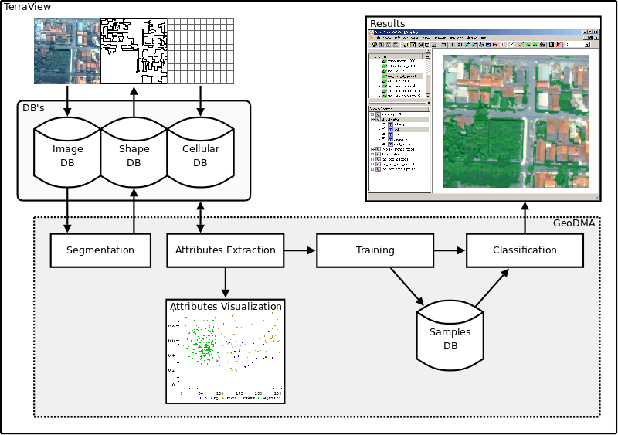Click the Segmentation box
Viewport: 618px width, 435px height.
pyautogui.click(x=100, y=250)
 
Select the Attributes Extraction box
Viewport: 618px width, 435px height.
pyautogui.click(x=225, y=250)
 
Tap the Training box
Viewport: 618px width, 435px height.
pyautogui.click(x=375, y=250)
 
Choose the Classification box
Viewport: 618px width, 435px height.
pyautogui.click(x=525, y=250)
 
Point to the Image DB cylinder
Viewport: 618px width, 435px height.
pyautogui.click(x=67, y=155)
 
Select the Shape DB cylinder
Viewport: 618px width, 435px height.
pyautogui.click(x=134, y=155)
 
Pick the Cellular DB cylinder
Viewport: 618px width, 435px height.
pyautogui.click(x=201, y=155)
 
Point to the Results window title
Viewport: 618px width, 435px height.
pyautogui.click(x=387, y=24)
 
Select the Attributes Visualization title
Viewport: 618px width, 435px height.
pyautogui.click(x=226, y=306)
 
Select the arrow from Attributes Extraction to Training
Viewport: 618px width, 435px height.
pyautogui.click(x=300, y=250)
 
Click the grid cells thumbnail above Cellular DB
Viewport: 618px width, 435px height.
pyautogui.click(x=201, y=50)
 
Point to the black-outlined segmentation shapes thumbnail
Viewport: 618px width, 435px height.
pyautogui.click(x=134, y=50)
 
